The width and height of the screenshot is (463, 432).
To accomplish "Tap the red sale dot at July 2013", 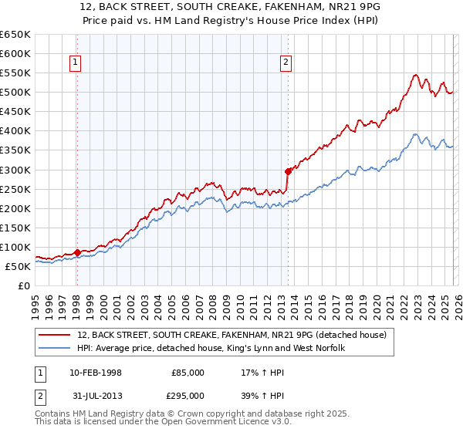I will click(x=288, y=171).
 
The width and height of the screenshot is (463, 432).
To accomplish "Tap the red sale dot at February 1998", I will click(x=77, y=252).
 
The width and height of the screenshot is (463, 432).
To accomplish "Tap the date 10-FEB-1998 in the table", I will click(x=100, y=373).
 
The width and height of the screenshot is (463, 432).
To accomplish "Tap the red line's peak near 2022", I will click(x=415, y=75).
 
